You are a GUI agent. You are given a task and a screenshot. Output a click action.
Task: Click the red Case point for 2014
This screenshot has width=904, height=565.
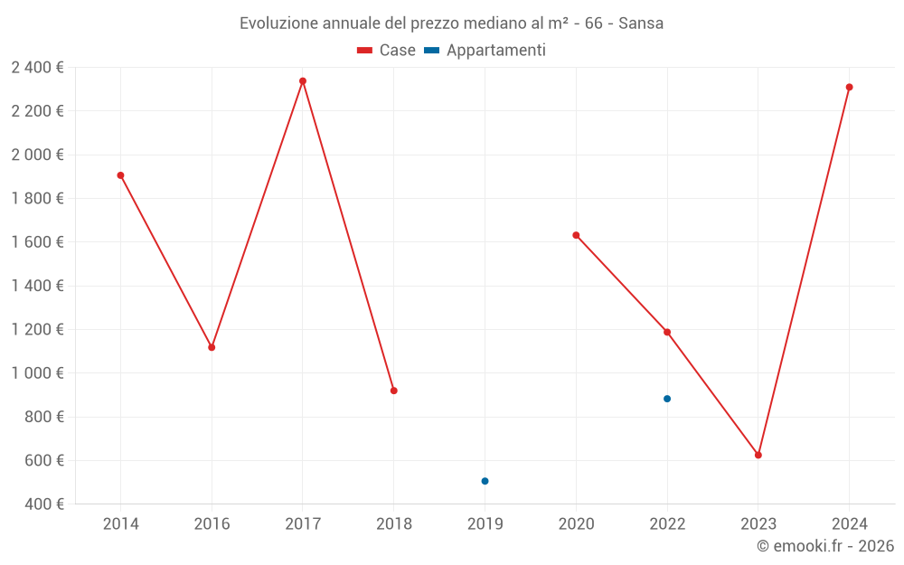120,175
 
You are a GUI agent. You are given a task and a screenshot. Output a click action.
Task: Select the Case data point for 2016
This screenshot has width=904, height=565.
212,347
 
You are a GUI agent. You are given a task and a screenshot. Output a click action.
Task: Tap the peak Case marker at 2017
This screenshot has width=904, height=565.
303,81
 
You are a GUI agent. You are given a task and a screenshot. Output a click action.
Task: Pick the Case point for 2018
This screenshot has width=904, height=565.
394,391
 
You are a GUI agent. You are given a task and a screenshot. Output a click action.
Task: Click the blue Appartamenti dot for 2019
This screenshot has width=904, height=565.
485,481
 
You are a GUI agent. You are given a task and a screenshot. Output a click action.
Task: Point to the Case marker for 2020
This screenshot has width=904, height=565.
576,235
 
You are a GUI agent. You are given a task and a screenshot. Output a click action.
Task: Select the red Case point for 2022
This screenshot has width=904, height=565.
667,332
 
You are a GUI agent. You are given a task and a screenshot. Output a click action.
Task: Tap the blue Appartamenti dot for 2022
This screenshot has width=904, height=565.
667,399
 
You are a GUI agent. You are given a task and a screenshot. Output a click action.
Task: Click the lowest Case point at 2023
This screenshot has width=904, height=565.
758,455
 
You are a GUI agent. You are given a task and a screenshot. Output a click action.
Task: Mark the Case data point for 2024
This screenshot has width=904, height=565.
850,88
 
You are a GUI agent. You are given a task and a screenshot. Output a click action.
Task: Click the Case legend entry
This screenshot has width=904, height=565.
386,51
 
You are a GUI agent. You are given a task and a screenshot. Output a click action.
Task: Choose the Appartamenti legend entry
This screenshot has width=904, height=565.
485,51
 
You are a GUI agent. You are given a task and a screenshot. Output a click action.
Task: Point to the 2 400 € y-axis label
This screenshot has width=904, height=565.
37,68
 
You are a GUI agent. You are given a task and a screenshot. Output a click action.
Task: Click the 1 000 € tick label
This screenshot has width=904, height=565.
37,373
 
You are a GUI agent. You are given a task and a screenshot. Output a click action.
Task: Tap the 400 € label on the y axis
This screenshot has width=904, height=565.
43,504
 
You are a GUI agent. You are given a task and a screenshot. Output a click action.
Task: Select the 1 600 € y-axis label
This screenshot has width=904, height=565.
37,242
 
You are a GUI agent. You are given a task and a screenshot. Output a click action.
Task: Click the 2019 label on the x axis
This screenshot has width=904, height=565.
485,524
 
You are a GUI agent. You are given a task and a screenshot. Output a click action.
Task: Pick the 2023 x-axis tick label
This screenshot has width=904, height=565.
758,524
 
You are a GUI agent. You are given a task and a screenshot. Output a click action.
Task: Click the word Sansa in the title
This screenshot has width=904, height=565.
641,24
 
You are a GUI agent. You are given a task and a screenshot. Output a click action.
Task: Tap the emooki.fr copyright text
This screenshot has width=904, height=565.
825,546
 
